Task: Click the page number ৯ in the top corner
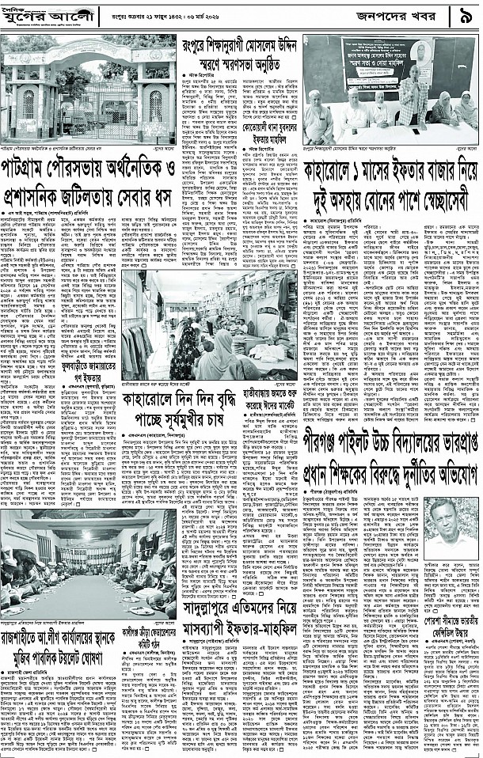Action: coord(466,16)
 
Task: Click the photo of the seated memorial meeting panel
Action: coord(390,91)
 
